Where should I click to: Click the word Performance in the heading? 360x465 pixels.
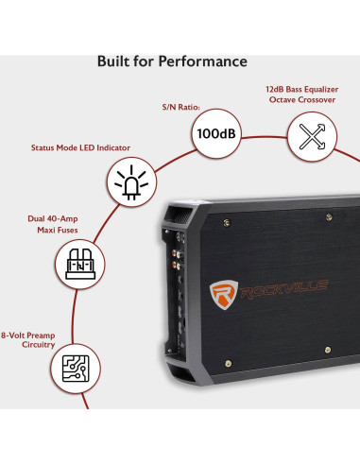(203, 62)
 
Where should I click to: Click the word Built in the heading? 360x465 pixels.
(114, 61)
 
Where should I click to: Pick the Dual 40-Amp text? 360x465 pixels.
(53, 219)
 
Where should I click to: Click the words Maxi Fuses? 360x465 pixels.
(53, 231)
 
